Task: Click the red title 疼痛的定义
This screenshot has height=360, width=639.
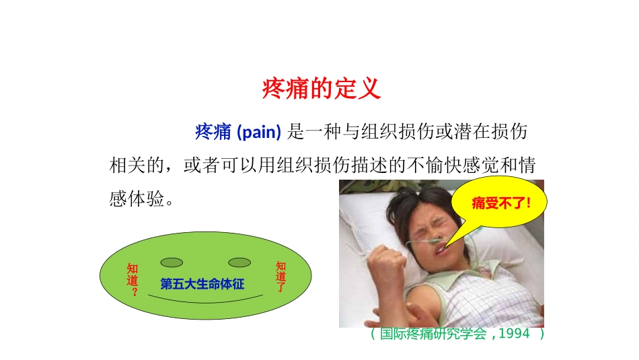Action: [321, 88]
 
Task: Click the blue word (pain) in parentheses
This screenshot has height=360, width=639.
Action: [259, 132]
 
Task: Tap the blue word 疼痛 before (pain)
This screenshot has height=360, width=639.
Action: [213, 132]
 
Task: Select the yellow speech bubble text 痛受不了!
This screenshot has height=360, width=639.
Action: [501, 203]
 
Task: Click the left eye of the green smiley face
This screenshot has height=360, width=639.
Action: [172, 262]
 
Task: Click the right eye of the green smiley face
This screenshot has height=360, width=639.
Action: [239, 262]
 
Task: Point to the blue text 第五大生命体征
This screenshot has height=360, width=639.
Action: [202, 284]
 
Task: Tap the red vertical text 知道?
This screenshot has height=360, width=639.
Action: [133, 280]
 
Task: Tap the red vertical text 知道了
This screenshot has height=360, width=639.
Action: [280, 277]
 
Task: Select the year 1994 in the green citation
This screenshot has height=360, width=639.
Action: [514, 334]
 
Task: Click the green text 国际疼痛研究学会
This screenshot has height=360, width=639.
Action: [433, 334]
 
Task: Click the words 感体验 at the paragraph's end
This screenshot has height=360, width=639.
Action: [137, 199]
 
